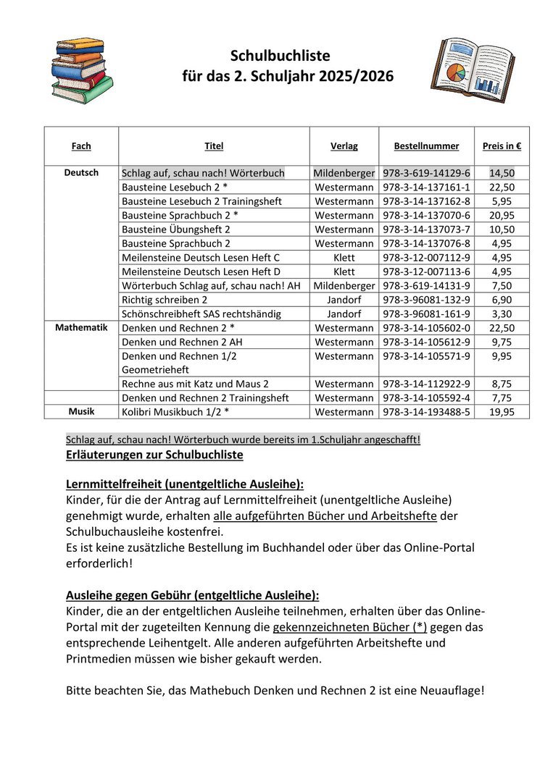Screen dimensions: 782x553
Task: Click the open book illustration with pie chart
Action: click(469, 70)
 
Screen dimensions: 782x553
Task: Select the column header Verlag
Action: click(344, 146)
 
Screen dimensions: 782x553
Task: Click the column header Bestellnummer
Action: click(426, 146)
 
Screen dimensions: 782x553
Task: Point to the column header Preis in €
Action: click(502, 146)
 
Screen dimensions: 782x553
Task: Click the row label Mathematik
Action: click(81, 327)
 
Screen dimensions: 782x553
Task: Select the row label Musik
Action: click(81, 411)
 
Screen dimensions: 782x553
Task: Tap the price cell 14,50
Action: click(502, 173)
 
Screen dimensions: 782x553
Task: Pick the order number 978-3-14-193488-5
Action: click(426, 412)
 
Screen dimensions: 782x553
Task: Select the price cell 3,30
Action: click(502, 314)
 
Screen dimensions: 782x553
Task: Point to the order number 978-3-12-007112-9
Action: click(426, 258)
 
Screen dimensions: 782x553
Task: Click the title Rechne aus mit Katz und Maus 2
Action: click(195, 384)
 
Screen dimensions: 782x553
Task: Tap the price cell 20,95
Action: click(502, 215)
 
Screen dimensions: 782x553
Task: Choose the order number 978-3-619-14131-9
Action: click(426, 285)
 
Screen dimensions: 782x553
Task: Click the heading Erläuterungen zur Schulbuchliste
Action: click(154, 455)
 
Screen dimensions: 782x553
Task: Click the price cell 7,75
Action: click(502, 398)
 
